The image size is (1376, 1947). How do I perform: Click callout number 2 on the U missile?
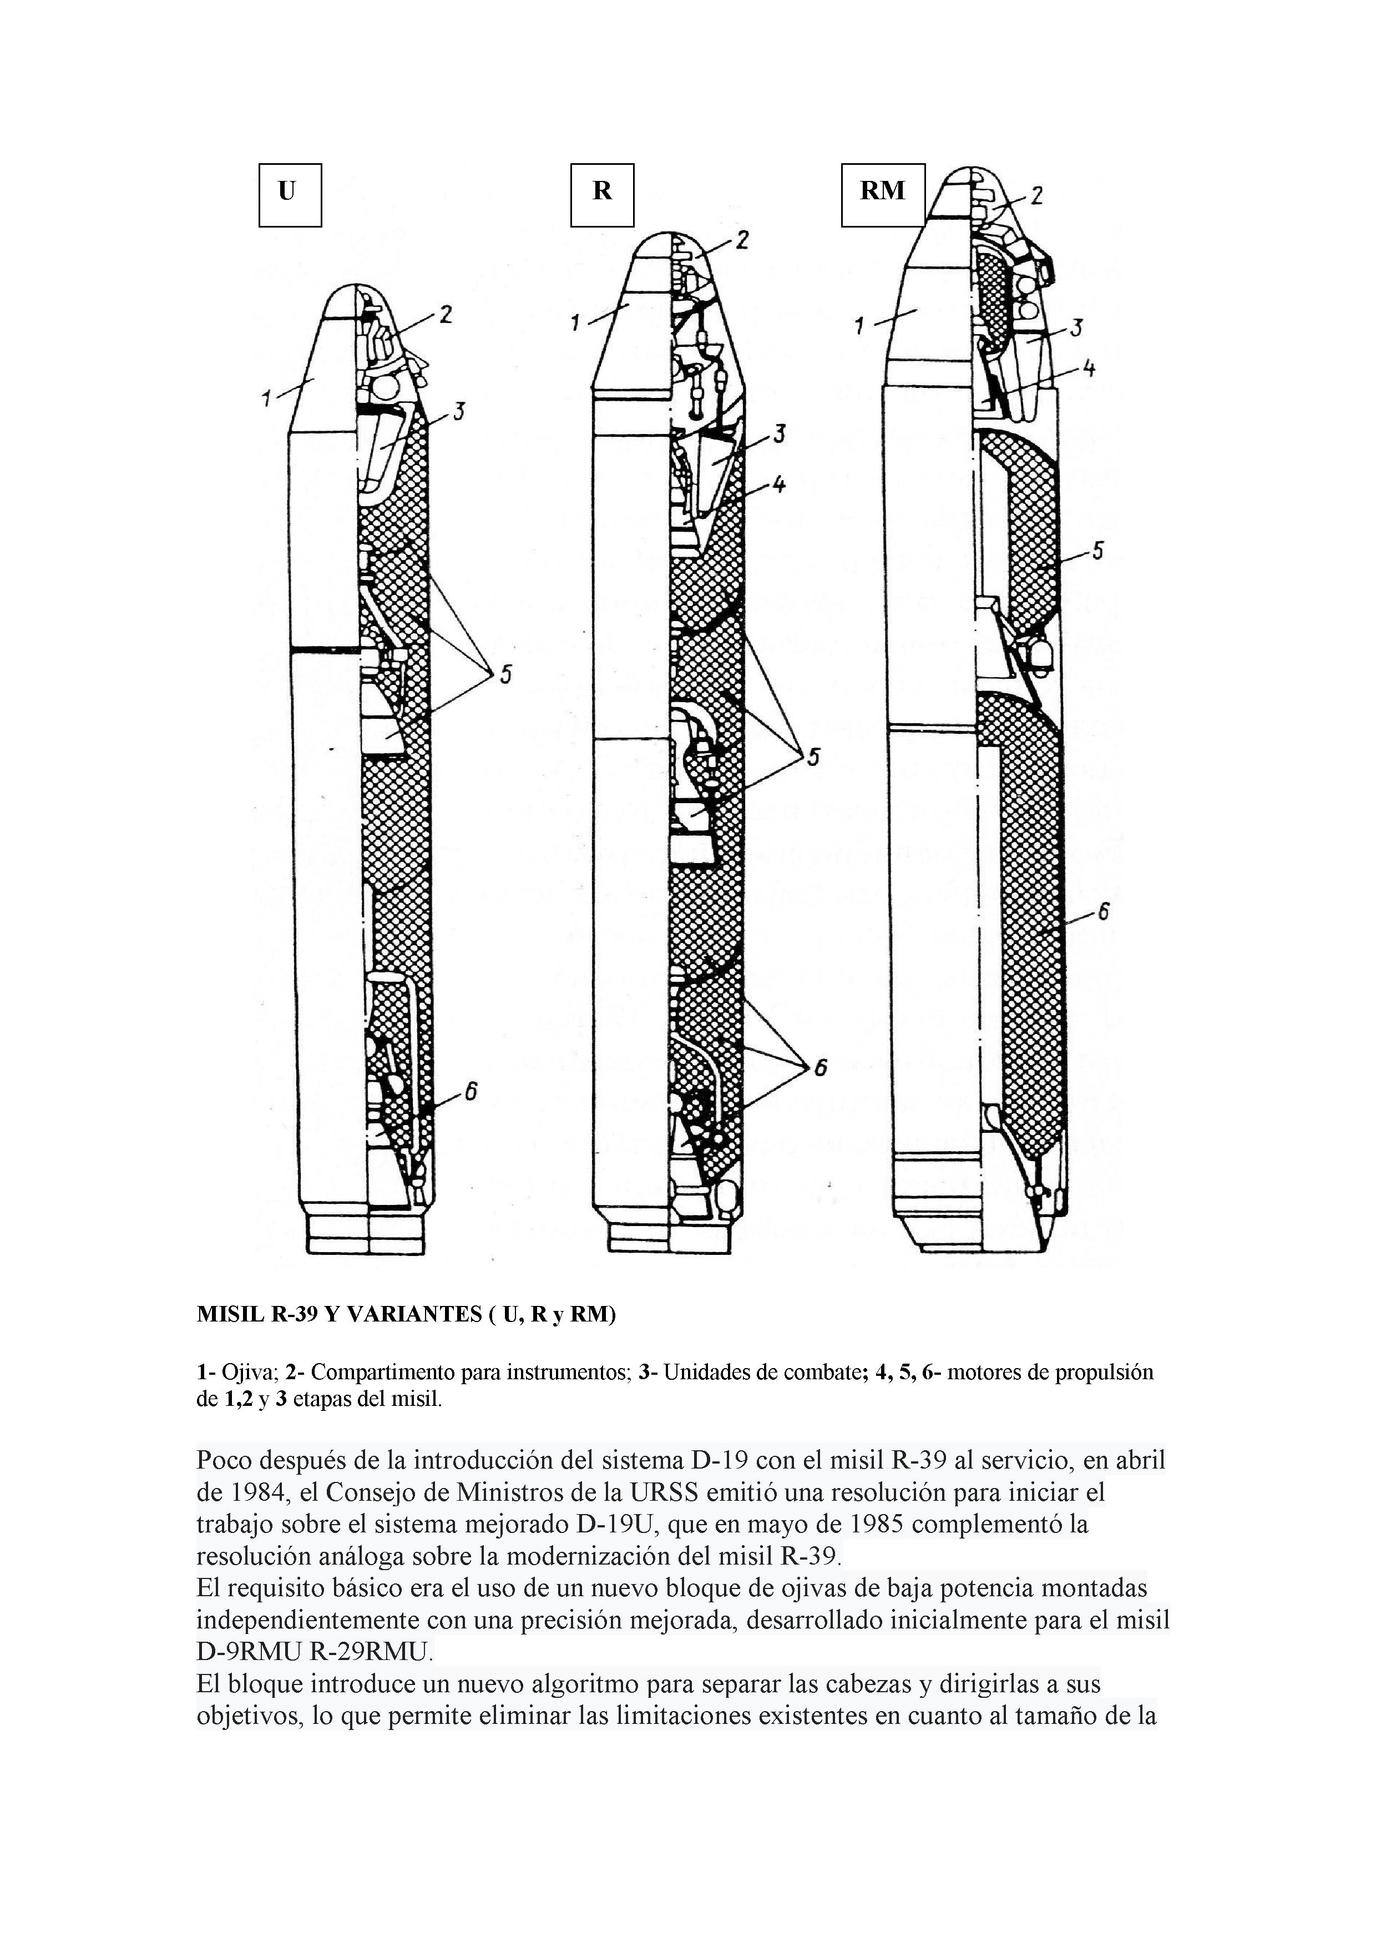point(444,315)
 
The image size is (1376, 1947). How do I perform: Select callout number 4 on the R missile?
point(778,485)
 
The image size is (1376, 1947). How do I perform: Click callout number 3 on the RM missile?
point(1075,327)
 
